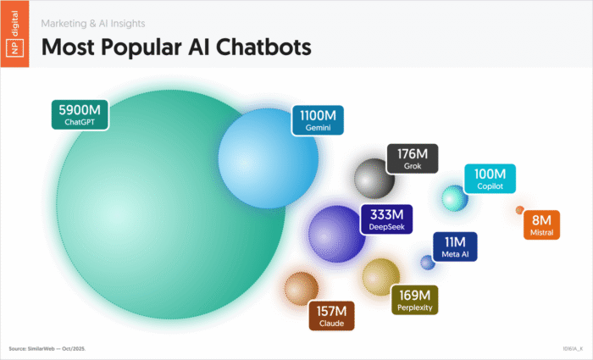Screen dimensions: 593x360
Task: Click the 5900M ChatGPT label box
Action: coord(80,115)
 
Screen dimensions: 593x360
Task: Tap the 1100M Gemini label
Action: coord(318,120)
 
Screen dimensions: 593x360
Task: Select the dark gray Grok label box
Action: coord(413,159)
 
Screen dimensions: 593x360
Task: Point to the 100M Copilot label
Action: coord(490,179)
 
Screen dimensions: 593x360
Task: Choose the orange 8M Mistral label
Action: coord(541,225)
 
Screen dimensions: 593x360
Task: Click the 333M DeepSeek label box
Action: coord(386,219)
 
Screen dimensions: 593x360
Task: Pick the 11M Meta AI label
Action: coord(455,246)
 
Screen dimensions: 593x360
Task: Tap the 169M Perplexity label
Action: coord(414,300)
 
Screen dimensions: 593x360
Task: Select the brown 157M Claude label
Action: coord(332,316)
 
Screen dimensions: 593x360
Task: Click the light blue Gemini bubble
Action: coord(269,158)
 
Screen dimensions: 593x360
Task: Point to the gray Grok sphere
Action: coord(374,179)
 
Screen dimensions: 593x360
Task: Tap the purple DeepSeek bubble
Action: coord(335,234)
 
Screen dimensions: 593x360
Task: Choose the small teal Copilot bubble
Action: coord(455,198)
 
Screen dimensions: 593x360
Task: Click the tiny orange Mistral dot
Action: coord(520,210)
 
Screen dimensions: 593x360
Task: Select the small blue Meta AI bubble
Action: coord(428,263)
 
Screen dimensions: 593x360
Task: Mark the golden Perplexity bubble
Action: coord(380,277)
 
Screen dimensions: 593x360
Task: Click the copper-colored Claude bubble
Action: coord(301,289)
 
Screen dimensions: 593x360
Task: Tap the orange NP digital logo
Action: coord(14,34)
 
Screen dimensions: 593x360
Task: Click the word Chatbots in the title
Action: coord(263,47)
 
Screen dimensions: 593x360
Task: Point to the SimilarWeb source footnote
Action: coord(47,349)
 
